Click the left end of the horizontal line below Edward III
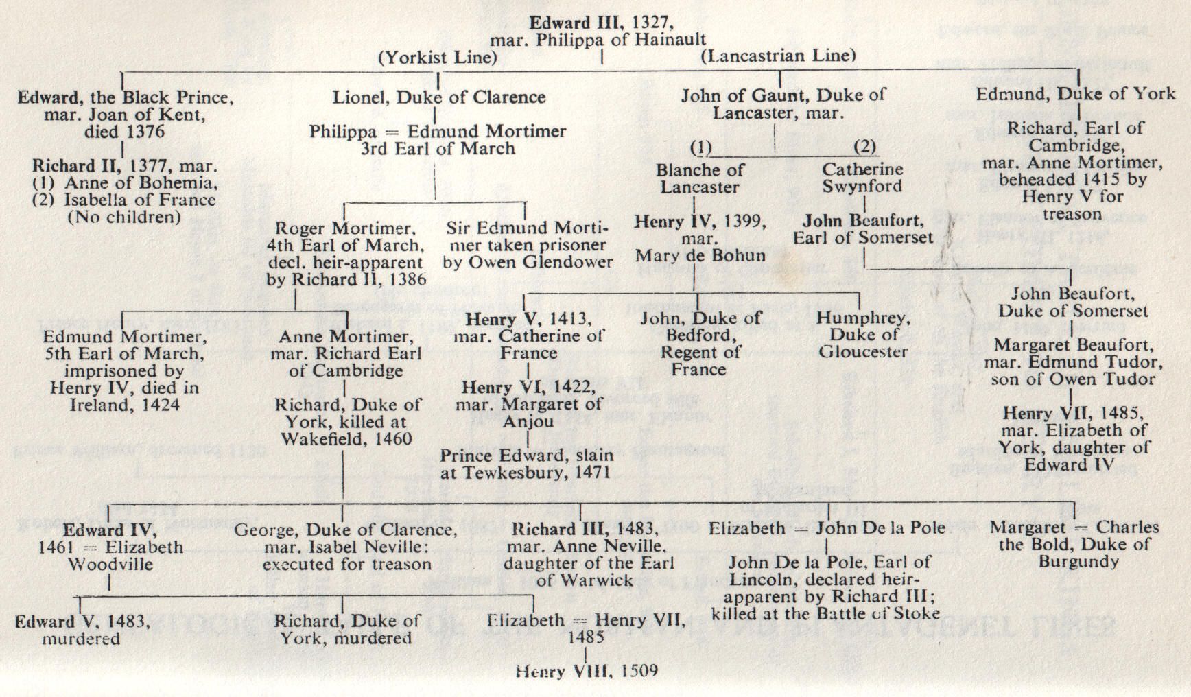(x=121, y=71)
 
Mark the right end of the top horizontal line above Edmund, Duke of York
(x=1079, y=69)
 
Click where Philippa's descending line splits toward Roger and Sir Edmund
(x=436, y=202)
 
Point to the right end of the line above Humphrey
(x=860, y=294)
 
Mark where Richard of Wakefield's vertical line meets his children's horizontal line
(x=342, y=505)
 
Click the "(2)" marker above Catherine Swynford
(x=864, y=147)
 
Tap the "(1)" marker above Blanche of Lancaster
(x=700, y=147)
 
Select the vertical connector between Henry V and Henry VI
(x=528, y=370)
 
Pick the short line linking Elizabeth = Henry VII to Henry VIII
(x=585, y=654)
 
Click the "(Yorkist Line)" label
(x=438, y=58)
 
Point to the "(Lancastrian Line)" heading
(x=778, y=56)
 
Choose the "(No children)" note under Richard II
(x=124, y=217)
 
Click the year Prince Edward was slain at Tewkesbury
(x=590, y=473)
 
